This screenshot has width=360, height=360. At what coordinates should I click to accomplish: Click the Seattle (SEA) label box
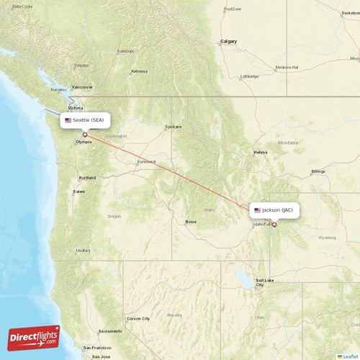(85, 120)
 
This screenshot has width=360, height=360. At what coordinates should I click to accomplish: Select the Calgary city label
(228, 41)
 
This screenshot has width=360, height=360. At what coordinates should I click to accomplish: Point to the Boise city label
(191, 222)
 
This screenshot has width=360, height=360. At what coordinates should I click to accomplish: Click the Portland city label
(87, 177)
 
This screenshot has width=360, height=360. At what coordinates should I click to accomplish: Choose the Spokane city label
(174, 127)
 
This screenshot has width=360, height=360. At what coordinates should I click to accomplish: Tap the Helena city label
(260, 153)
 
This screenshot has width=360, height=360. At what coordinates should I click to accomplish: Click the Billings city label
(318, 171)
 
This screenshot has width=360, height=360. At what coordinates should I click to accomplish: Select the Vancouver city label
(82, 86)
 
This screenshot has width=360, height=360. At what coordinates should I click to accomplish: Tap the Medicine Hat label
(286, 67)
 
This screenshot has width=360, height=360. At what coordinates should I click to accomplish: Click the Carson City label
(138, 318)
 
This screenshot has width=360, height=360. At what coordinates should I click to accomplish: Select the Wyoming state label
(327, 237)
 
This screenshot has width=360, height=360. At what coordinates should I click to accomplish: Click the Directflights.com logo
(34, 337)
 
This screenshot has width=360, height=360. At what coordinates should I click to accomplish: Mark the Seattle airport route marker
(85, 134)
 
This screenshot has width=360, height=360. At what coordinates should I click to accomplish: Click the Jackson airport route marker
(274, 224)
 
